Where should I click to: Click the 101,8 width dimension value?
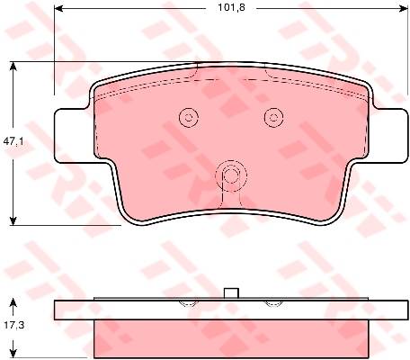click(x=231, y=7)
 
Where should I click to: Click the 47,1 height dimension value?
click(x=13, y=141)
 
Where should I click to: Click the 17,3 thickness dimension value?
click(x=13, y=324)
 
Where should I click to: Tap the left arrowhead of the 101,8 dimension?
click(x=58, y=8)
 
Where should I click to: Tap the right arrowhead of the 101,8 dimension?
click(x=404, y=8)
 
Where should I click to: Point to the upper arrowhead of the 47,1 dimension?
click(x=13, y=66)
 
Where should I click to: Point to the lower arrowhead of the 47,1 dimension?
click(x=13, y=220)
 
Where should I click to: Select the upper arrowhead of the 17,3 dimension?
click(x=13, y=302)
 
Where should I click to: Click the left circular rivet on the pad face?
click(x=189, y=117)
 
